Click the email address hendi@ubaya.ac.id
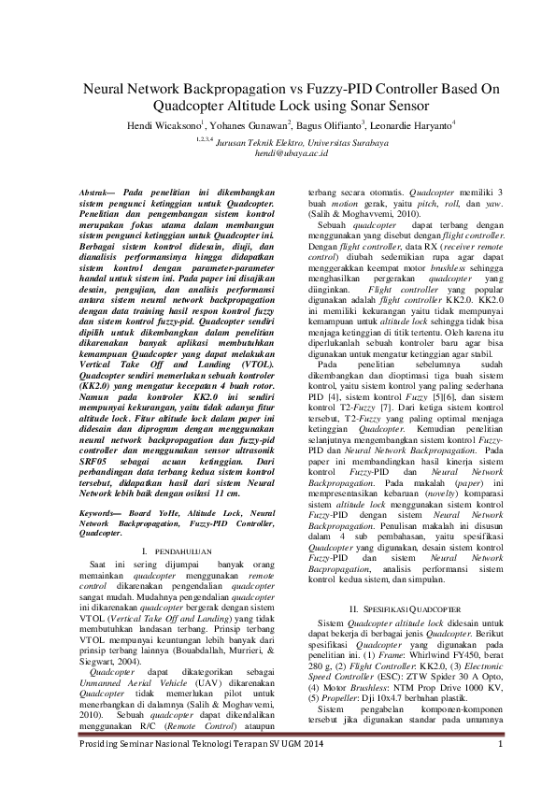(278, 150)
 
